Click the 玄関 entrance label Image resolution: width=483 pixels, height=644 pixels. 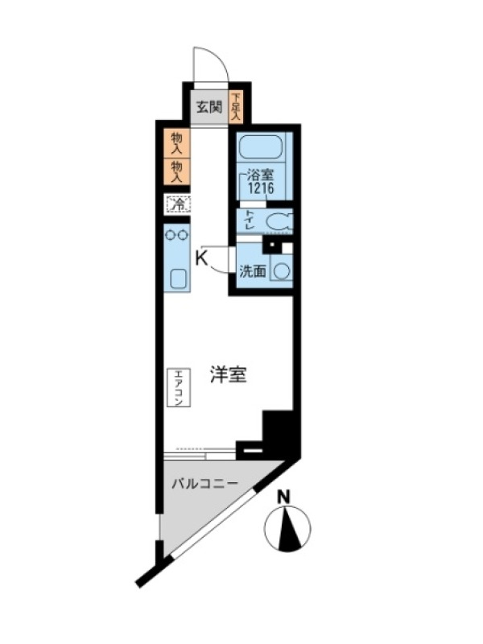coord(209,108)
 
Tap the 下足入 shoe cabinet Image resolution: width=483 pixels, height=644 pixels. coord(236,107)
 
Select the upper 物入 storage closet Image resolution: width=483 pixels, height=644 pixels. coord(176,143)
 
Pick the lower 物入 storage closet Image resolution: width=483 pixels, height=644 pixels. coord(176,171)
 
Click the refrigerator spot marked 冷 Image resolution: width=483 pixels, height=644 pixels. coord(178,204)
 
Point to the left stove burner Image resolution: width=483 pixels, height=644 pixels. coord(171,235)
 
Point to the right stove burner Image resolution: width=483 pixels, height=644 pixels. coord(183,235)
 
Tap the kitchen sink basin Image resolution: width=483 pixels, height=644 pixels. coord(177,279)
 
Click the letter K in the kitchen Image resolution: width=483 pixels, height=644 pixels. coord(200,258)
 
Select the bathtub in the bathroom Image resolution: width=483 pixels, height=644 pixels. coord(260,147)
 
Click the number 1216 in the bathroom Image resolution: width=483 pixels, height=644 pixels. coord(260,188)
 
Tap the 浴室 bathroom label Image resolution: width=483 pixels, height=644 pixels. coord(259,175)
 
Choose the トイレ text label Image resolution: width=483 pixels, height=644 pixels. coord(249,220)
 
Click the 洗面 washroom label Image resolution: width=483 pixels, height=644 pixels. coord(253,271)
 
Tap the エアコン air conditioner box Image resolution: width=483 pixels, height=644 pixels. coord(179,387)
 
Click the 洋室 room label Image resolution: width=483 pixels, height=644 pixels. coord(229,375)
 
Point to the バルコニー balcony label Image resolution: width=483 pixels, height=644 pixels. coord(204,484)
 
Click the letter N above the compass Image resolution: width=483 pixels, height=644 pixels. coord(284,497)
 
